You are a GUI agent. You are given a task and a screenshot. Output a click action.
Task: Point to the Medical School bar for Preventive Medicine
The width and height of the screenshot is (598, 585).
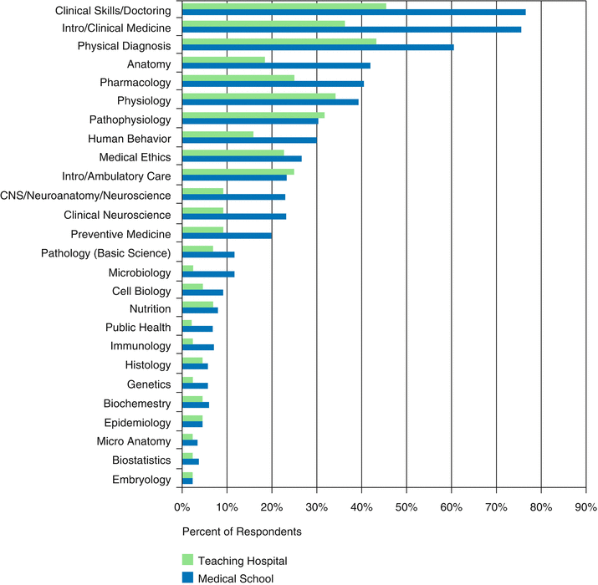click(x=227, y=236)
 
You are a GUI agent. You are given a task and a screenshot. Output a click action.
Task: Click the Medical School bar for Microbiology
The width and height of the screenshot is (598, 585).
click(x=208, y=273)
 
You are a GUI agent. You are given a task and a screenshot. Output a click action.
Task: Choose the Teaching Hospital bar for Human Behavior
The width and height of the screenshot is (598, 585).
click(x=217, y=135)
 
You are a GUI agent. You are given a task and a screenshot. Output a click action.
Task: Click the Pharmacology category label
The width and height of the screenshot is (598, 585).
click(x=135, y=83)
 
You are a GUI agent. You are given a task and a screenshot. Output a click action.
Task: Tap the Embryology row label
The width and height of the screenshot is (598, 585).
click(x=141, y=479)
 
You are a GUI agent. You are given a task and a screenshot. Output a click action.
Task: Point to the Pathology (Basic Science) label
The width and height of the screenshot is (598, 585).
click(x=105, y=252)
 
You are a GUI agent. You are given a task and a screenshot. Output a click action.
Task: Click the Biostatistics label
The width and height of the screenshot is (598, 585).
click(x=141, y=460)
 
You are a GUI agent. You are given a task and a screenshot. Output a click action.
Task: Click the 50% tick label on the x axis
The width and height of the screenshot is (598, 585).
click(x=406, y=507)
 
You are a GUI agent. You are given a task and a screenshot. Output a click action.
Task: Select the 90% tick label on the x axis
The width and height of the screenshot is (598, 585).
click(x=585, y=507)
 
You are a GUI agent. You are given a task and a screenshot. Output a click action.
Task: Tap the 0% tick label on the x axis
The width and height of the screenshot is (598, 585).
click(x=181, y=507)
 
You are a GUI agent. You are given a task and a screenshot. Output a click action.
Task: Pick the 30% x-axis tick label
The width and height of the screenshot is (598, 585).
click(x=316, y=507)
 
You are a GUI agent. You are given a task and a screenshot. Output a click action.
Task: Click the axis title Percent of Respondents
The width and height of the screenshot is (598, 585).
click(x=242, y=532)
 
